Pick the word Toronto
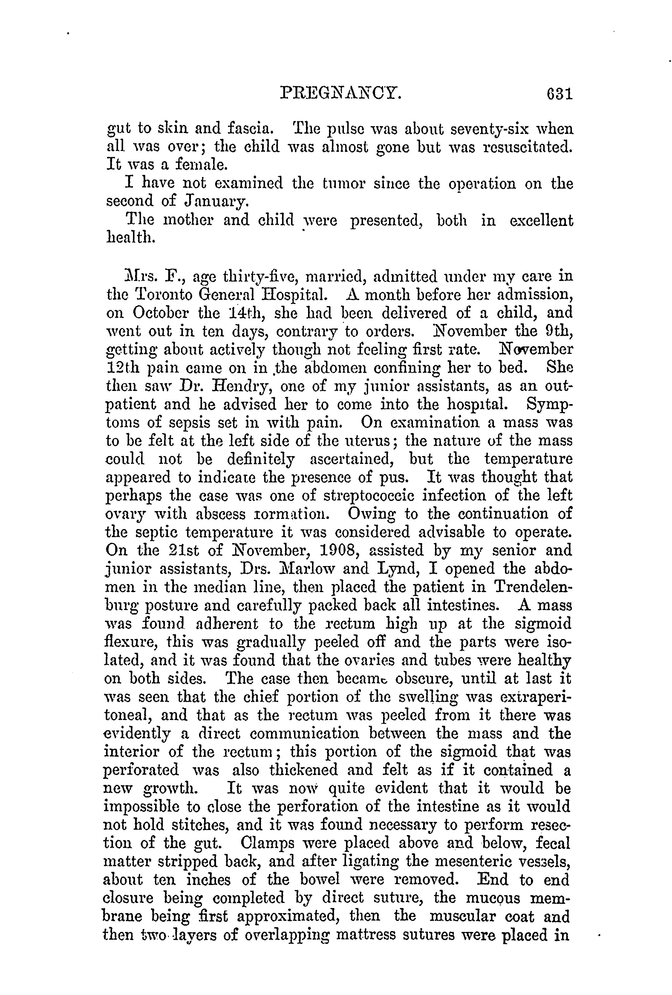tap(165, 295)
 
